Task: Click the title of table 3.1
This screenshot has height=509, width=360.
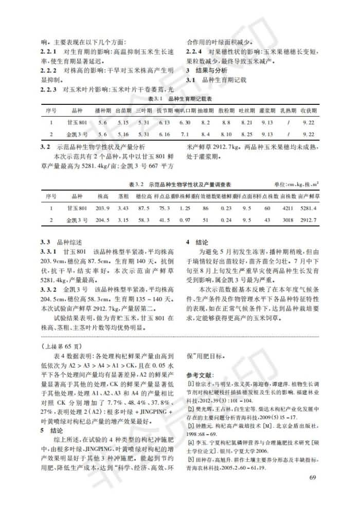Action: (181, 98)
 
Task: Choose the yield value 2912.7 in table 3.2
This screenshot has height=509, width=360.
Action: (309, 220)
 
